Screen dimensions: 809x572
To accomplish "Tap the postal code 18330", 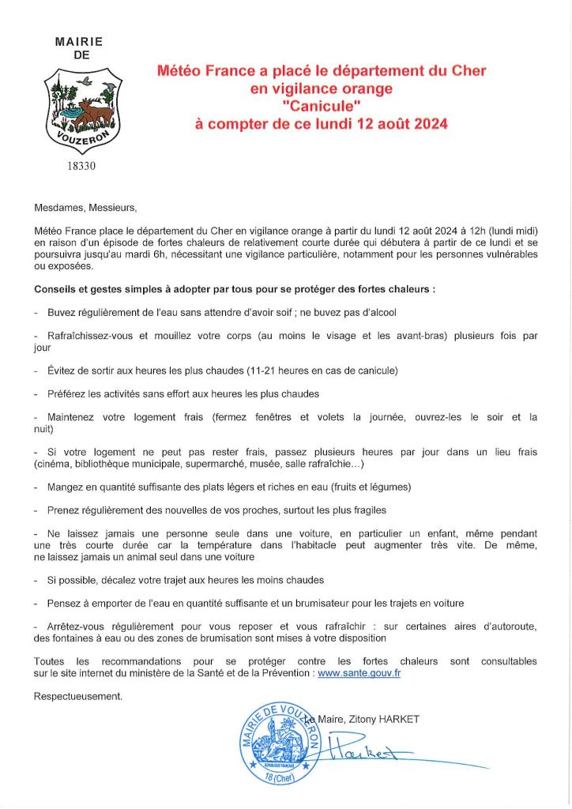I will tap(82, 167).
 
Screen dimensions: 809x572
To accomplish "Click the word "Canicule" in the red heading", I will tap(321, 107).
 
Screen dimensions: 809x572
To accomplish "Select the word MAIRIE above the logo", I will tap(79, 41).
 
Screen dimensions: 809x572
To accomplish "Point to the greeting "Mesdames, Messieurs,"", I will tap(85, 209).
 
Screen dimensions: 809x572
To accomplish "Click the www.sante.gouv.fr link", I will tap(359, 673).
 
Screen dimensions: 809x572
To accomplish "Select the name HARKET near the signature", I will tap(397, 719).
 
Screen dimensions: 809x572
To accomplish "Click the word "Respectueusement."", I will tap(78, 696).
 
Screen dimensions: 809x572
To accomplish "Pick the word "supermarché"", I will tap(228, 464).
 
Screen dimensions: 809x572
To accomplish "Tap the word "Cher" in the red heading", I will tap(469, 71).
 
